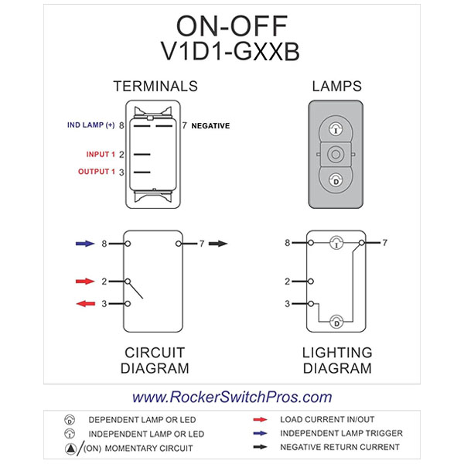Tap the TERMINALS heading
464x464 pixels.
(155, 86)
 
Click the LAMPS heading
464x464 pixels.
(336, 86)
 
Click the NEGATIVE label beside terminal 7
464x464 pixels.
(210, 125)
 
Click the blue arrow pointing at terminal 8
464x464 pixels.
(84, 244)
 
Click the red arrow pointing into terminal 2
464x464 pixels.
(84, 281)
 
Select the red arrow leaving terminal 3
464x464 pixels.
(84, 304)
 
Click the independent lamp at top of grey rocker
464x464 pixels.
(335, 128)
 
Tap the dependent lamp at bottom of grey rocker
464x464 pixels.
(335, 180)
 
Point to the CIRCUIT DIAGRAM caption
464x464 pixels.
(155, 360)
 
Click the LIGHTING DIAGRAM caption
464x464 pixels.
(336, 360)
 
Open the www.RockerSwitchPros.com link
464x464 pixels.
(232, 397)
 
